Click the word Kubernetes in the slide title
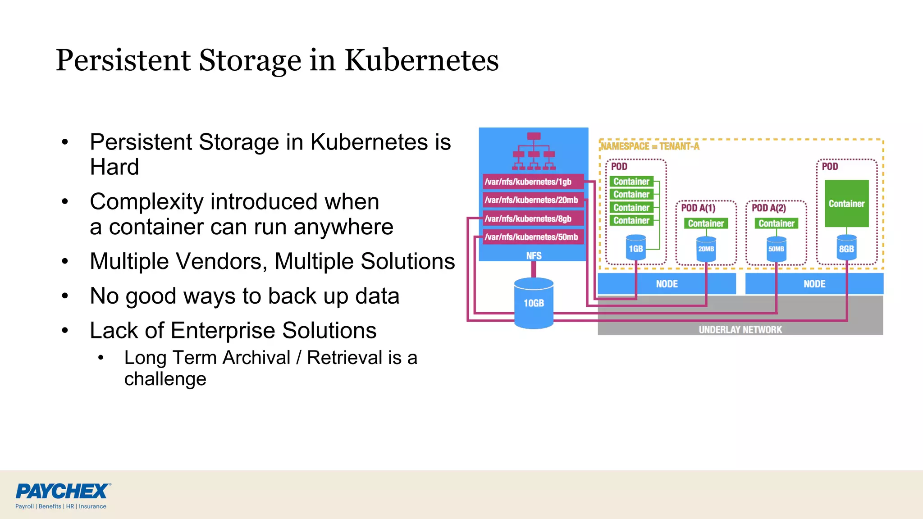point(421,60)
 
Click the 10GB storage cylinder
point(534,303)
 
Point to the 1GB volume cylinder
point(636,248)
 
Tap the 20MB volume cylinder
point(706,249)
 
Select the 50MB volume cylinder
point(776,249)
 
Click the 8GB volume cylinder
point(846,248)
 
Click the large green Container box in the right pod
point(846,203)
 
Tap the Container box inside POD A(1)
point(706,223)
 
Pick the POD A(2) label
point(769,208)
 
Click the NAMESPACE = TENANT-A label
point(650,146)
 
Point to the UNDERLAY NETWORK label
point(740,329)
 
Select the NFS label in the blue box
point(534,255)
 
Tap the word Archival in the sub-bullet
point(256,358)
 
